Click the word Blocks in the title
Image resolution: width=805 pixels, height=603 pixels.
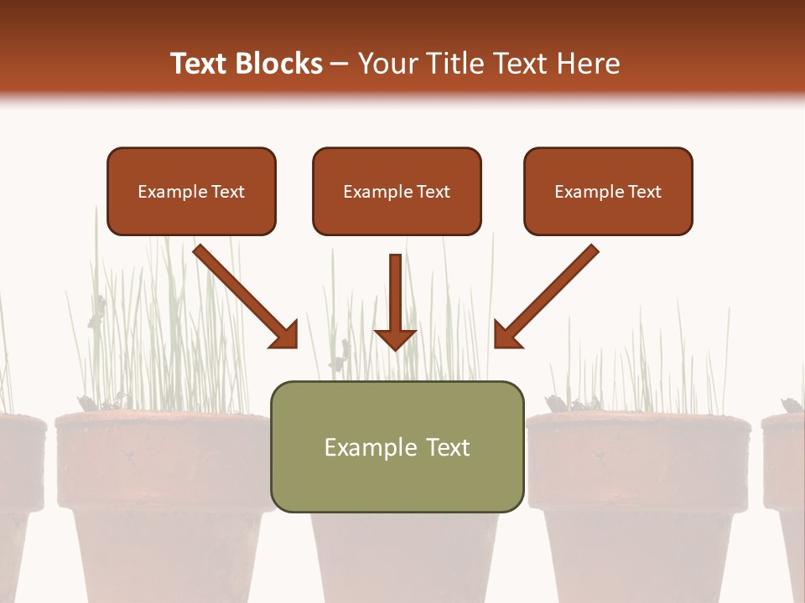280,64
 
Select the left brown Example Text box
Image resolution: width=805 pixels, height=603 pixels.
191,192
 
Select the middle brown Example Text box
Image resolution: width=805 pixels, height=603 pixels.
397,192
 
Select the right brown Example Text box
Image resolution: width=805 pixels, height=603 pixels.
608,192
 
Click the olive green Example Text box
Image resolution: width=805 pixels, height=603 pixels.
397,446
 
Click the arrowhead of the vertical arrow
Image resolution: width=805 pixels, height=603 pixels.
395,338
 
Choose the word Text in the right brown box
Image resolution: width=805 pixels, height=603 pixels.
644,192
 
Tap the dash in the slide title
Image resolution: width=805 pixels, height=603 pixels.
340,64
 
